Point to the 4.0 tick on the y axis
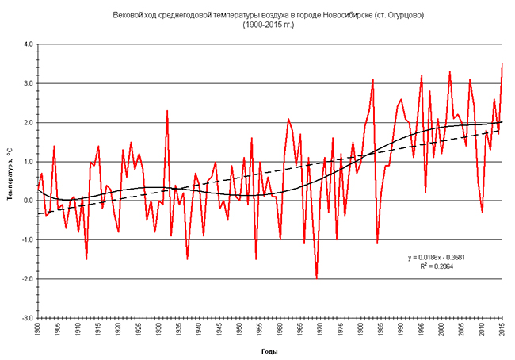click(x=29, y=44)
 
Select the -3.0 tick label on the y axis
click(x=28, y=318)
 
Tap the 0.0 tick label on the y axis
click(x=29, y=201)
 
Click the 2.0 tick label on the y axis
click(x=29, y=122)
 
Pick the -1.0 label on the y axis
click(x=28, y=239)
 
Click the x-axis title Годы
click(x=270, y=350)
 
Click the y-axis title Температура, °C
click(x=11, y=180)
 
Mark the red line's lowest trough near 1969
click(x=317, y=278)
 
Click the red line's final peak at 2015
click(x=502, y=64)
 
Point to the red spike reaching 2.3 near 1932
click(x=167, y=111)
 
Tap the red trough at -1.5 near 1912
click(x=86, y=259)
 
